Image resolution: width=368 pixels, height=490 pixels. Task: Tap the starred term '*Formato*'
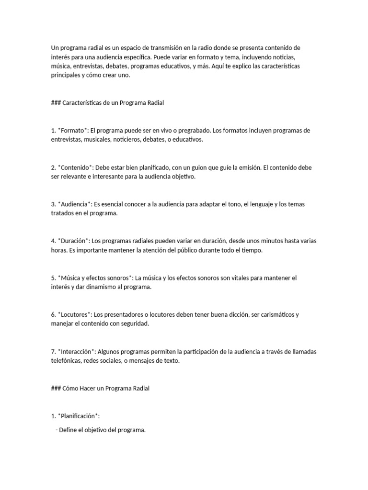click(73, 131)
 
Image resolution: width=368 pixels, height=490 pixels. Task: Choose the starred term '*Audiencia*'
click(75, 204)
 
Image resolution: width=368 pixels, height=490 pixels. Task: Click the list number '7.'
click(54, 352)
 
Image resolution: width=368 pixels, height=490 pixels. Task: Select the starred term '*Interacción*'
click(77, 352)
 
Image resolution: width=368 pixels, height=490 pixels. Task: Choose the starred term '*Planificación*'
click(79, 416)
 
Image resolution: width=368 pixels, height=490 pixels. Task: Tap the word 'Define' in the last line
click(68, 430)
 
